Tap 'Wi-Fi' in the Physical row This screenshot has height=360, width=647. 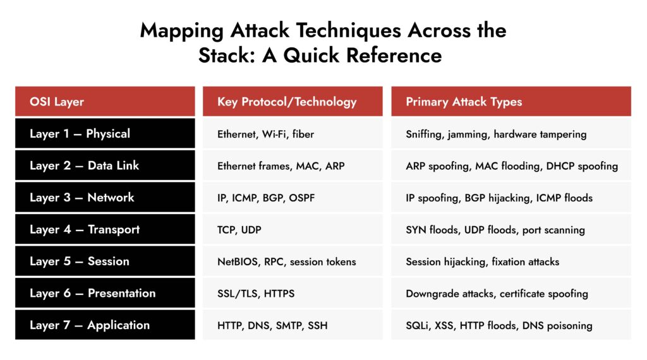[274, 135]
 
